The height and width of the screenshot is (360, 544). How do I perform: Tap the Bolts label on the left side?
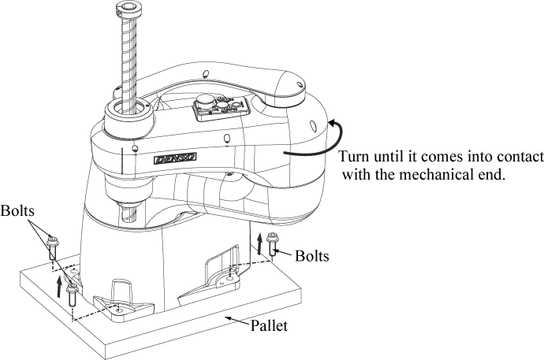point(17,212)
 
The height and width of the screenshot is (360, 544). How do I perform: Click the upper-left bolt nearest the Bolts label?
point(51,247)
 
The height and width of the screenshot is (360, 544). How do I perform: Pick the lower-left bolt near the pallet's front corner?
point(72,294)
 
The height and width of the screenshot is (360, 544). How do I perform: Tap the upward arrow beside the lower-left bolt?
point(59,284)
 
